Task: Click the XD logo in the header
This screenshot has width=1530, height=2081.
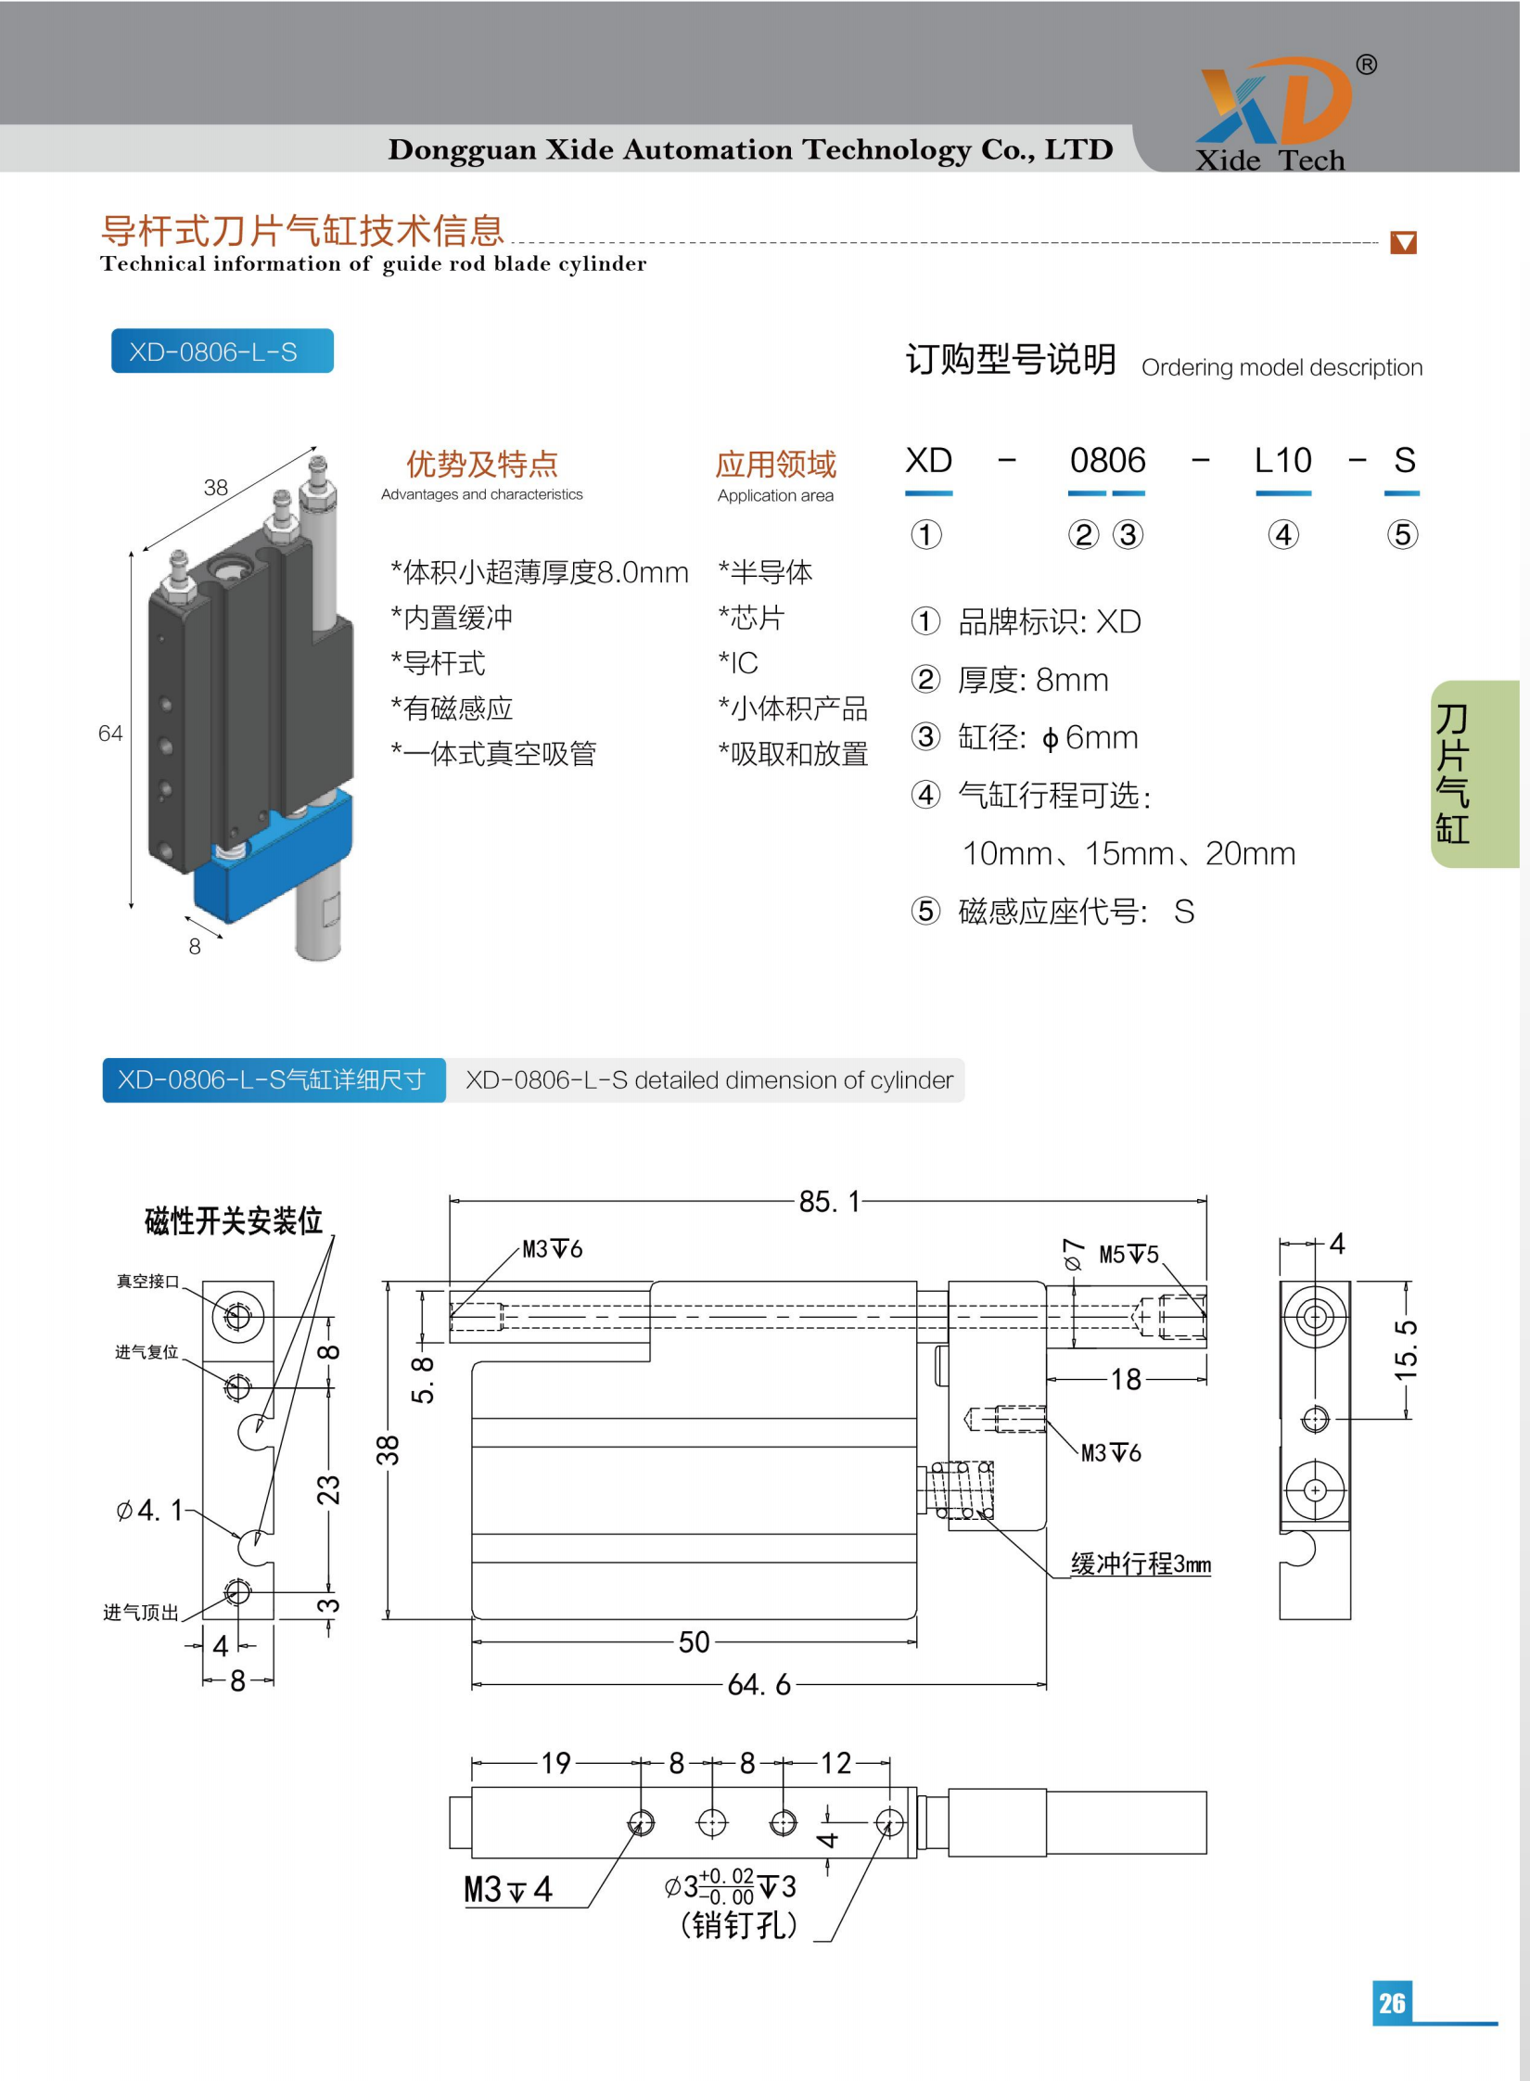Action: click(1274, 102)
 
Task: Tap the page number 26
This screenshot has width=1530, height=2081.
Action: click(1391, 2002)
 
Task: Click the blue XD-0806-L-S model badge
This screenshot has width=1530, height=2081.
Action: click(222, 351)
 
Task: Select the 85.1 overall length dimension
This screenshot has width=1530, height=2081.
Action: click(830, 1202)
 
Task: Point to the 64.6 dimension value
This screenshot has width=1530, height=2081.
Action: click(759, 1684)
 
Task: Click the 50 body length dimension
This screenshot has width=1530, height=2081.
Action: click(694, 1642)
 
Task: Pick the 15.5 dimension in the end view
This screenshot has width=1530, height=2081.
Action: click(1406, 1349)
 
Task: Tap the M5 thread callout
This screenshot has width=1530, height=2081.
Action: click(1128, 1255)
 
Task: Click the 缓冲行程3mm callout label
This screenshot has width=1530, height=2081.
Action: click(1140, 1564)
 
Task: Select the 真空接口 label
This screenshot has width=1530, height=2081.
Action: click(147, 1282)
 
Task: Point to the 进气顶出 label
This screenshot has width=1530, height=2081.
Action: click(140, 1613)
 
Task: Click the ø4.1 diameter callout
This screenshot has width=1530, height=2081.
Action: click(148, 1511)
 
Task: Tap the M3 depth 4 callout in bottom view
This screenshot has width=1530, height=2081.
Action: click(507, 1889)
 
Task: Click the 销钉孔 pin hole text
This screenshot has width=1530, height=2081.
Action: click(738, 1926)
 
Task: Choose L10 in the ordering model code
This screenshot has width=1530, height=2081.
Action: click(1282, 461)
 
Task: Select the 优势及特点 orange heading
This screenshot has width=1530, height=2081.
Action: click(481, 464)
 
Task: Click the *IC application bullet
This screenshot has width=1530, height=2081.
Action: click(738, 663)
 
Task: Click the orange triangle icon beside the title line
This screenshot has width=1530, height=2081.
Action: click(1403, 243)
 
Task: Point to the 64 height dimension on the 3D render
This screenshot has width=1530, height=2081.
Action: click(110, 734)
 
